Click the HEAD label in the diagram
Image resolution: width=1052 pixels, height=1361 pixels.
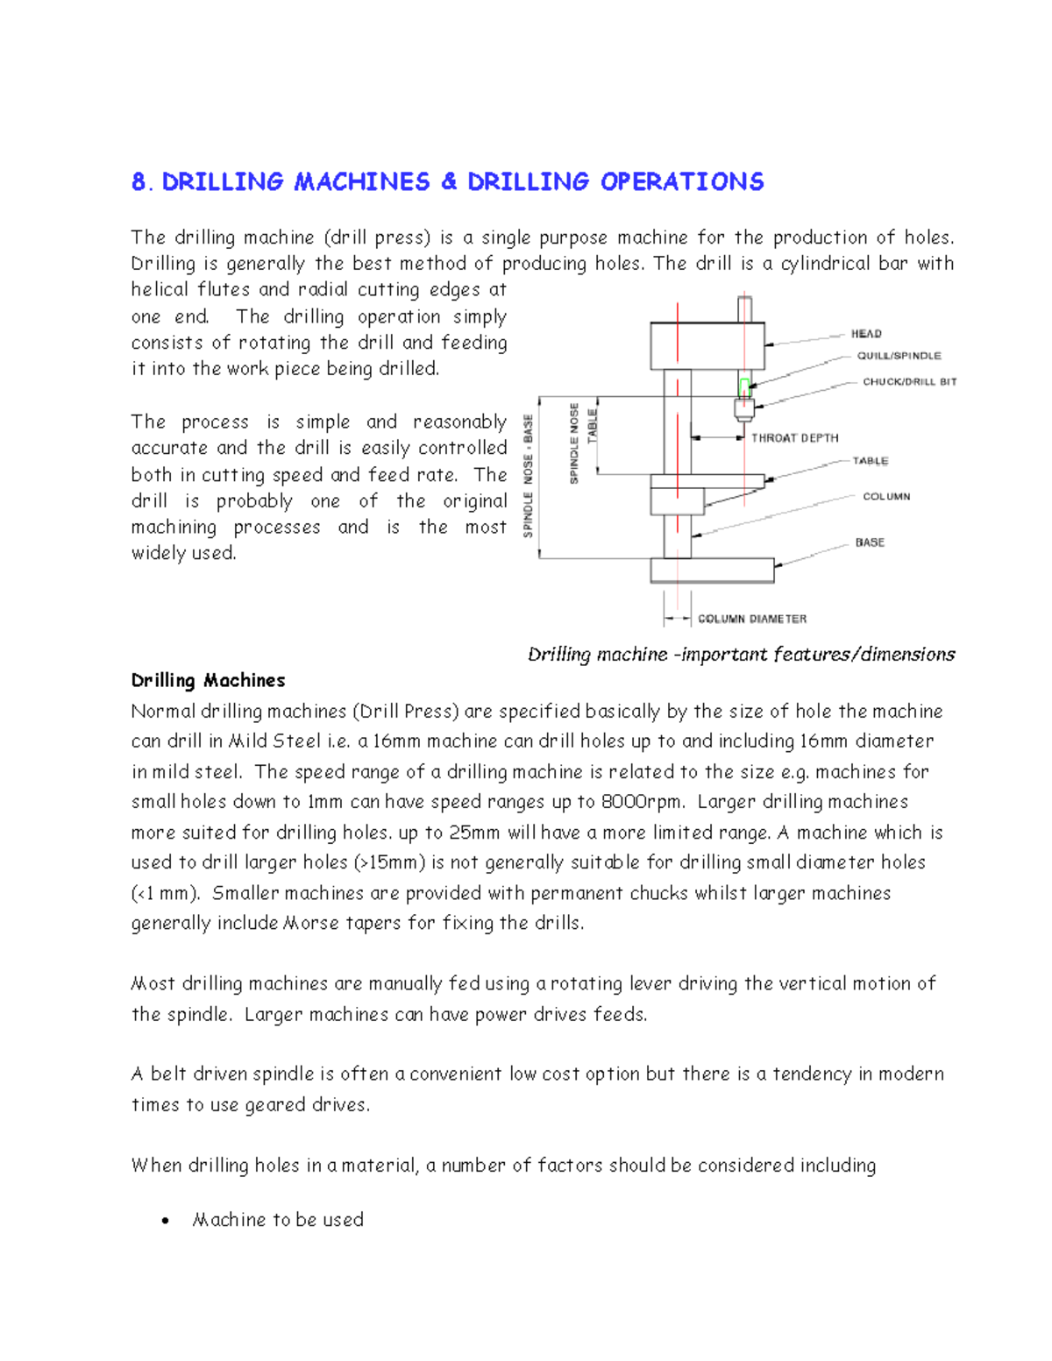tap(865, 334)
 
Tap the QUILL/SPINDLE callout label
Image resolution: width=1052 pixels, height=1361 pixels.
tap(899, 356)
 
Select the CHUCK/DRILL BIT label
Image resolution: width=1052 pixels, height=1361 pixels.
tap(909, 382)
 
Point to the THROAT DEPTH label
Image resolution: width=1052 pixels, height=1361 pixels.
tap(794, 438)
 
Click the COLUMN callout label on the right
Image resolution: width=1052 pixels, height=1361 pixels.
tap(885, 497)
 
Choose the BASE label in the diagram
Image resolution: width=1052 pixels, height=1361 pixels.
tap(869, 542)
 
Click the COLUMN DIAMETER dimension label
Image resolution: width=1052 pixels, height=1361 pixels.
tap(751, 619)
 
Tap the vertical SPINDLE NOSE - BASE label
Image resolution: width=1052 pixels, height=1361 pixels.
tap(529, 477)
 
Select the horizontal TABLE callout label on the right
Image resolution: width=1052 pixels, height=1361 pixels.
tap(870, 461)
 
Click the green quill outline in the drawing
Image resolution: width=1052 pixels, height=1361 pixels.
tap(744, 387)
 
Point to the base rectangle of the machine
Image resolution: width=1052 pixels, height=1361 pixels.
tap(711, 571)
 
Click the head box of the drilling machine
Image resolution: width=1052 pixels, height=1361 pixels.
tap(707, 346)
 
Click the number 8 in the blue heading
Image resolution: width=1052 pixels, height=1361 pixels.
tap(139, 182)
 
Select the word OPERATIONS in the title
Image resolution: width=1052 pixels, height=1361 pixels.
tap(681, 182)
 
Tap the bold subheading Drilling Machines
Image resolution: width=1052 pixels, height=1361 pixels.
tap(208, 681)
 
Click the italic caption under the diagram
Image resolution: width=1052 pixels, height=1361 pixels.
tap(741, 655)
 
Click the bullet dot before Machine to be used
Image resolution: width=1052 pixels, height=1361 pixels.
tap(166, 1222)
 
